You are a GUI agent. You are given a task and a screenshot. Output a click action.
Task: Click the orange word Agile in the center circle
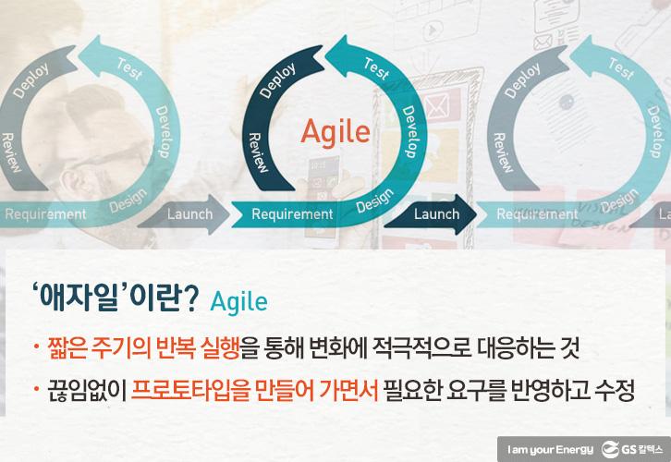(335, 131)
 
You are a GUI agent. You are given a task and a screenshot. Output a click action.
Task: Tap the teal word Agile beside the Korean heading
(238, 301)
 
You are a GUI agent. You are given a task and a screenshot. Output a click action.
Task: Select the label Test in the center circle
(375, 71)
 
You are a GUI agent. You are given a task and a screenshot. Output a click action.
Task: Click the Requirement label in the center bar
(292, 214)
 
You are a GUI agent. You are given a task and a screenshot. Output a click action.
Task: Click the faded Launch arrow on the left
(189, 214)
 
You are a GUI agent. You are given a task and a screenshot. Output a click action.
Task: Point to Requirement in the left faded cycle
(44, 214)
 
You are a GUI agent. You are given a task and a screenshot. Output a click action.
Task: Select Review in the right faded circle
(505, 152)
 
